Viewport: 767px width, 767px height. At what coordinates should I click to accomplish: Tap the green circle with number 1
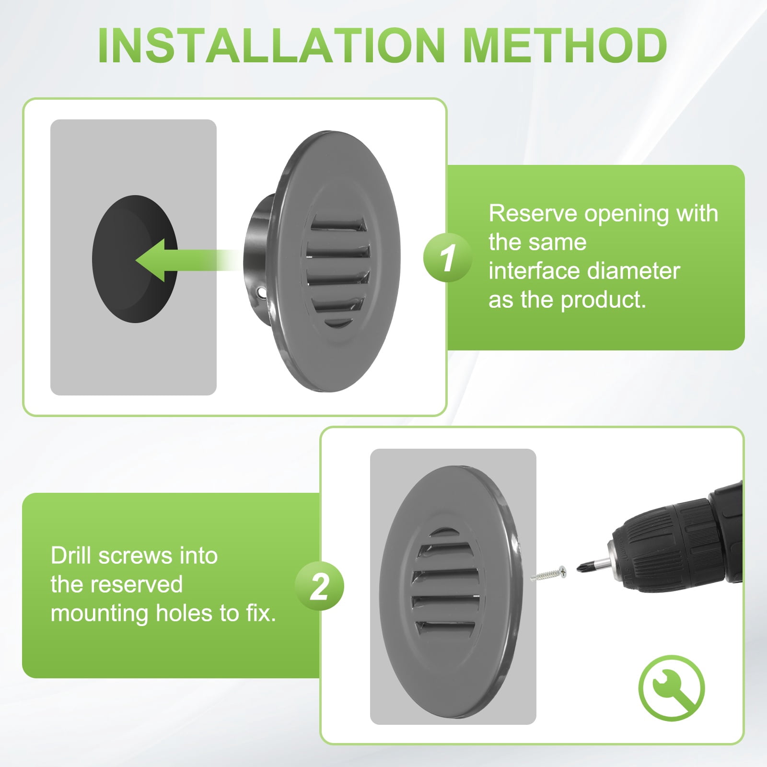click(447, 258)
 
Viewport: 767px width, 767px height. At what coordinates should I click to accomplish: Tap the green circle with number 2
click(319, 586)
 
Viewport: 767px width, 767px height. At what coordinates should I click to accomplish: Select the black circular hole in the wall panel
click(135, 259)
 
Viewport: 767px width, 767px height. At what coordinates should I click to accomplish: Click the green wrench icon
click(672, 688)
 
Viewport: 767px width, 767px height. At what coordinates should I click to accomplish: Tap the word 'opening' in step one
click(626, 214)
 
